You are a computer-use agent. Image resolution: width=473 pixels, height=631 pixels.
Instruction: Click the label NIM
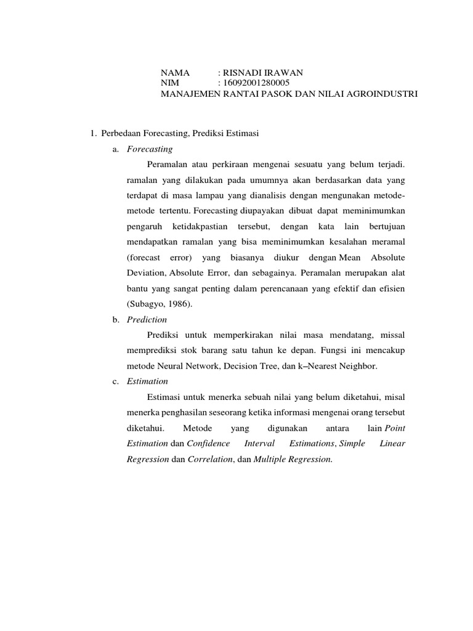coord(169,84)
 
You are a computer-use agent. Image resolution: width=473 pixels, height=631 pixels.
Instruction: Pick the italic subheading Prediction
coord(147,320)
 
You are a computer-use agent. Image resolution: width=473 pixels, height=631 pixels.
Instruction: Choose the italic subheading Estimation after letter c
coord(147,381)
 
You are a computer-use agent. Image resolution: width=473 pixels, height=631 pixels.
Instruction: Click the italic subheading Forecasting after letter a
coord(150,149)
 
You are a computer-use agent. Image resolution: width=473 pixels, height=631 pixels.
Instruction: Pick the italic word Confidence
coord(208,444)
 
